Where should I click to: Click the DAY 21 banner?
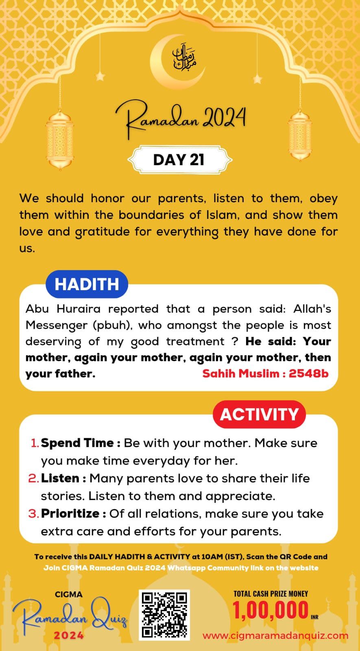click(x=179, y=160)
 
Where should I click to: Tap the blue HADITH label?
click(x=87, y=284)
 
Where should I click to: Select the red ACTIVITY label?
click(x=259, y=414)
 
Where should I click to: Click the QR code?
click(x=164, y=615)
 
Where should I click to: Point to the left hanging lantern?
click(x=60, y=138)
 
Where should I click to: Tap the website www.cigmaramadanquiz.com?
click(x=275, y=636)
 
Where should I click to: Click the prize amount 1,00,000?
click(x=270, y=611)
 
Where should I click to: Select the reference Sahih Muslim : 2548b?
click(x=265, y=374)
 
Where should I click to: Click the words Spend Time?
click(x=77, y=443)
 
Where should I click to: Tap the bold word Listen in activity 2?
click(x=60, y=478)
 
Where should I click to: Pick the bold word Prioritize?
click(x=70, y=513)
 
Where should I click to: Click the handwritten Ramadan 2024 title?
click(x=181, y=118)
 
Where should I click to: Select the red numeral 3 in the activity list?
click(x=33, y=514)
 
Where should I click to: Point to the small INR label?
click(x=314, y=617)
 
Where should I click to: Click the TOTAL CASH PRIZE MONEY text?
click(x=271, y=594)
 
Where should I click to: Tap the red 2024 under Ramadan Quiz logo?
click(x=69, y=636)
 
